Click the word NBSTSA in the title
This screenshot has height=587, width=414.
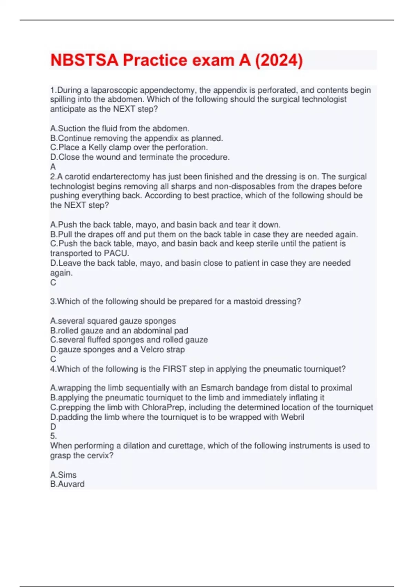click(85, 60)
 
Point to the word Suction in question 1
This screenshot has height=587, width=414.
click(71, 128)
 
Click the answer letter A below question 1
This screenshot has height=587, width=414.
click(53, 167)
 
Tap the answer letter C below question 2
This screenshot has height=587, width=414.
click(53, 282)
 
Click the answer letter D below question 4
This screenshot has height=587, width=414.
click(53, 426)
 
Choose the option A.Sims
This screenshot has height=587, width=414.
click(63, 475)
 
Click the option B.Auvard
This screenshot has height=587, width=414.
click(67, 484)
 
